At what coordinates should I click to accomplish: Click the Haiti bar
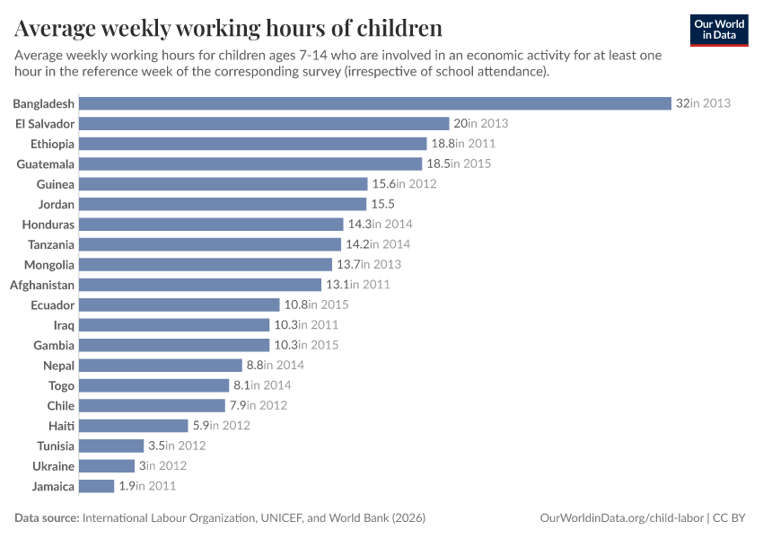[x=134, y=426]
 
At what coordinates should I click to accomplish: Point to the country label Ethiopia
[x=51, y=144]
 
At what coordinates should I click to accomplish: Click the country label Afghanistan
[x=42, y=285]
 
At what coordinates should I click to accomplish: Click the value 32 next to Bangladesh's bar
[x=682, y=103]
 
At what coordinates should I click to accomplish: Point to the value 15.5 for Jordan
[x=383, y=204]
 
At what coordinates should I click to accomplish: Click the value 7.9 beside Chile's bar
[x=238, y=405]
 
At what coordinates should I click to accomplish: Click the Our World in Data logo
[x=719, y=30]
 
